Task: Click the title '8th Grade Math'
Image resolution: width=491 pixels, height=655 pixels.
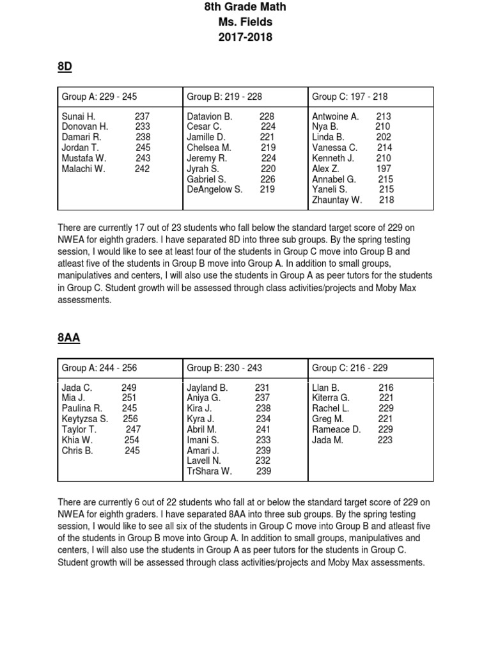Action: pos(245,7)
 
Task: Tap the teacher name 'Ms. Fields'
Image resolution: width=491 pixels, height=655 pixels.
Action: pos(245,22)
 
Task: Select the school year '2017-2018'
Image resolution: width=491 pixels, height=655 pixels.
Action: pos(245,37)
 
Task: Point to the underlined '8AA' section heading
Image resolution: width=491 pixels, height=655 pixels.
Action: pos(68,338)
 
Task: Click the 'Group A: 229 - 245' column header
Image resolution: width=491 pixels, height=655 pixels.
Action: pos(99,97)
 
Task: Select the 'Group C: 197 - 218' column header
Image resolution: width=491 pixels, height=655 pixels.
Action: pos(350,97)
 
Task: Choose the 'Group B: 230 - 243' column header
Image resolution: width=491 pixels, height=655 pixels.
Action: pos(224,368)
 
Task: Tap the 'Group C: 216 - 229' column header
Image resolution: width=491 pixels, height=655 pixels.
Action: pos(350,368)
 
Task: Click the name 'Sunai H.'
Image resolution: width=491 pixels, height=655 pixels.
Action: pos(79,116)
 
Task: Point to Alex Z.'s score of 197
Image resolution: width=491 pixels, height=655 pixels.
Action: pos(385,168)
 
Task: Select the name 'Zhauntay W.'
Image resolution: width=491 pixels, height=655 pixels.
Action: pos(337,200)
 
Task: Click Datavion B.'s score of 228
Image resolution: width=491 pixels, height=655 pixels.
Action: pos(267,116)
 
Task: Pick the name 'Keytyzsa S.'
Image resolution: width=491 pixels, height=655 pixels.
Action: pos(85,419)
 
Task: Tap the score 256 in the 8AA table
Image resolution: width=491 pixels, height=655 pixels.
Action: pos(131,419)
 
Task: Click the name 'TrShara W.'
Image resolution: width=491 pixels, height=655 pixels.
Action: pos(210,471)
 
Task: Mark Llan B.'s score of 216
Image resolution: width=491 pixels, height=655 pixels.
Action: pos(386,388)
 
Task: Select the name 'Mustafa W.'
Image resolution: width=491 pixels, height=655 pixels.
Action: pos(84,158)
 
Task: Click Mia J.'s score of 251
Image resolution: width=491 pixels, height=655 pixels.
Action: pos(129,398)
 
